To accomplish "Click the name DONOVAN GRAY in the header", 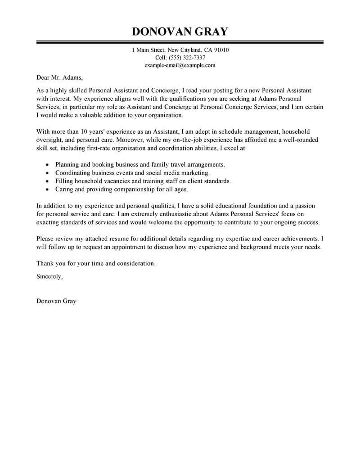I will (180, 32).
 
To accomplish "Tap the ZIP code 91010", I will (220, 50).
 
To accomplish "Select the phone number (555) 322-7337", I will (187, 57).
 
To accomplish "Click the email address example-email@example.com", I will (180, 65).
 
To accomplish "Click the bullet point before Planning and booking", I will (48, 165).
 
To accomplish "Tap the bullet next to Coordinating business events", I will (48, 173).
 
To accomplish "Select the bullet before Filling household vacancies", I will (48, 181).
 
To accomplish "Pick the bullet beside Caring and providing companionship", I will (48, 190).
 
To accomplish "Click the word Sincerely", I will (49, 276).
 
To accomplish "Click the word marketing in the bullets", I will (195, 173).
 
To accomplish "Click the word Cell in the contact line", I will (161, 57).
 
